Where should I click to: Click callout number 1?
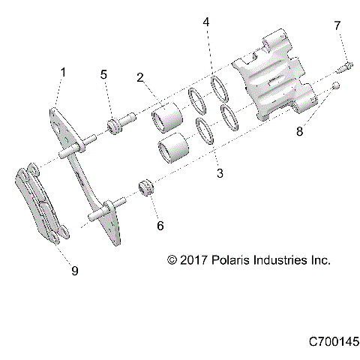(x=64, y=73)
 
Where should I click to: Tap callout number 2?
(x=140, y=77)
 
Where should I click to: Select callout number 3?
(x=220, y=173)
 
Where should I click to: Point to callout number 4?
(x=206, y=23)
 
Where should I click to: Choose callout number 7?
(x=337, y=26)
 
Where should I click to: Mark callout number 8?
(x=300, y=133)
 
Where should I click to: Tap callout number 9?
(x=74, y=271)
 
